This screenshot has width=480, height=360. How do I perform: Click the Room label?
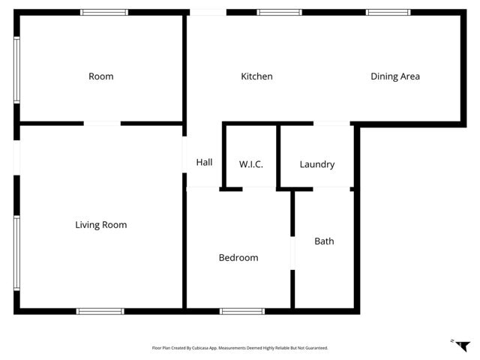coord(101,76)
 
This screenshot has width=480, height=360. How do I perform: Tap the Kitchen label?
coord(256,76)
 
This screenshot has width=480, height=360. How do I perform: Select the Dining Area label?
coord(395,76)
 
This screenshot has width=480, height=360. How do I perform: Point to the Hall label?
coord(204,162)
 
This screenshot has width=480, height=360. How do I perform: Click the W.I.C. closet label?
coord(250,164)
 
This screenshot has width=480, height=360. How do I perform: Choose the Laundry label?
coord(316,164)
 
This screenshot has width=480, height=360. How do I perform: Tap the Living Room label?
coord(101,225)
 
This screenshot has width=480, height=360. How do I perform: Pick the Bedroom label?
coord(238,258)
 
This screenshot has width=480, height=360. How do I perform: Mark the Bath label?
coord(324,241)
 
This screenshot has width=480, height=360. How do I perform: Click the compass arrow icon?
coord(462,344)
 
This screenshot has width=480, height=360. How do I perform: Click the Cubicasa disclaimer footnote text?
coord(240,348)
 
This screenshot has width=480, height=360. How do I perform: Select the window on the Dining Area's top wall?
coord(388,13)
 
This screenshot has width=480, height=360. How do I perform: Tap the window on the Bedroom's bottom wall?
coord(241,310)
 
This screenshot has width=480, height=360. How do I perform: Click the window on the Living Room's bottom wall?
coord(100,310)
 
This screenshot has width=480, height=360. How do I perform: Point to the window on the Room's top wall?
coord(104,13)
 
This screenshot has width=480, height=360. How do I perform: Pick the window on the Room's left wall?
coord(16,70)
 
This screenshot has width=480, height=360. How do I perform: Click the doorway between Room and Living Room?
coord(102,124)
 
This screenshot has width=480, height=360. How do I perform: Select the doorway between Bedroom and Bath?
coord(292,252)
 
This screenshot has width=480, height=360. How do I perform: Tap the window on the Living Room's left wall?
coord(16,253)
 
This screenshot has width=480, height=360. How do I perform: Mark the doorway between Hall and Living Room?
coord(184,155)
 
